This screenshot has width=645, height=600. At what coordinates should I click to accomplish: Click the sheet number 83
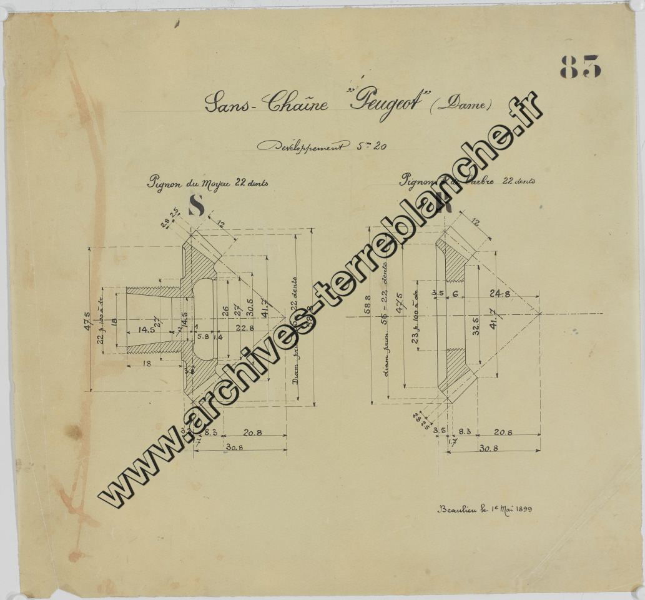pyautogui.click(x=580, y=66)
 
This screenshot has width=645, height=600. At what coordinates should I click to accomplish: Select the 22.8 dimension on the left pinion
pyautogui.click(x=244, y=327)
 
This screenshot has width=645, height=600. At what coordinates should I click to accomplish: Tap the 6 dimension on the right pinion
pyautogui.click(x=455, y=293)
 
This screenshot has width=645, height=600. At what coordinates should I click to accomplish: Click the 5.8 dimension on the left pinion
pyautogui.click(x=203, y=336)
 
